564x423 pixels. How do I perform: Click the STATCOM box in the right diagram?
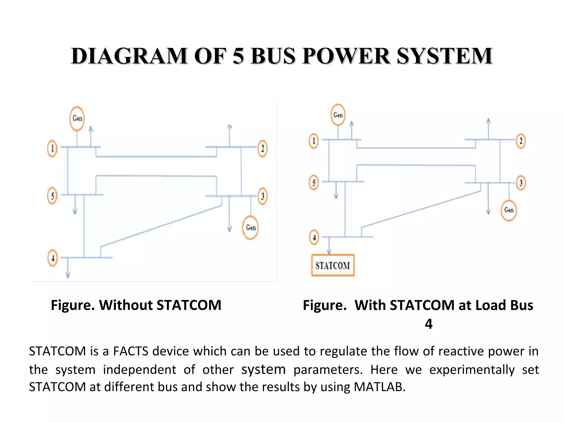[333, 265]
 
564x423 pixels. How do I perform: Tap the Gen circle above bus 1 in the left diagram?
[77, 118]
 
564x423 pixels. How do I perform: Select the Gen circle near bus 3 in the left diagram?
[250, 227]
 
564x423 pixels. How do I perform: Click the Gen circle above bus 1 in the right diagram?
[338, 115]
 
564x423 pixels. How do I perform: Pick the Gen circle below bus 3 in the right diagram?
[509, 210]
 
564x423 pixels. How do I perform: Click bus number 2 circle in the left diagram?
[262, 149]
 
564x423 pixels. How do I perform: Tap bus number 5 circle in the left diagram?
[52, 196]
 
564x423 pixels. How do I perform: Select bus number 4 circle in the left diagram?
[53, 258]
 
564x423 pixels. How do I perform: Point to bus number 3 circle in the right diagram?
[521, 183]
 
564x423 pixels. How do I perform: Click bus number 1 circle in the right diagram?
[313, 141]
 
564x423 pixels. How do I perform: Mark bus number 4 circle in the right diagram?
[314, 237]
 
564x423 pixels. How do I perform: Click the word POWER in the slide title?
[346, 56]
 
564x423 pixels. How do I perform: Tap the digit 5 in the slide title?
[238, 56]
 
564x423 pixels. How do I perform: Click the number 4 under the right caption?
[429, 324]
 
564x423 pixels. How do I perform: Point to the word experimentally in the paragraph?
[472, 370]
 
